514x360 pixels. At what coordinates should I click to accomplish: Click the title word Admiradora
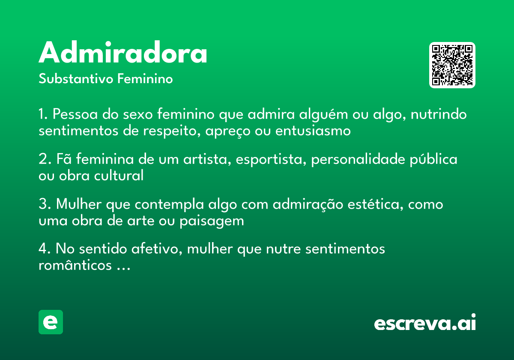pos(123,53)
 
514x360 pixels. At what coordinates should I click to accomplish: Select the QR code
pos(452,65)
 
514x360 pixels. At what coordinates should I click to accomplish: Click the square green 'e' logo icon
pos(51,322)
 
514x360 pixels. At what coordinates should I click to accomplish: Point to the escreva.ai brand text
pos(425,323)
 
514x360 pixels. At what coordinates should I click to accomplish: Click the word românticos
pos(75,265)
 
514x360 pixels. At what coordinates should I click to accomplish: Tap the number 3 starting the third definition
pos(42,204)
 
